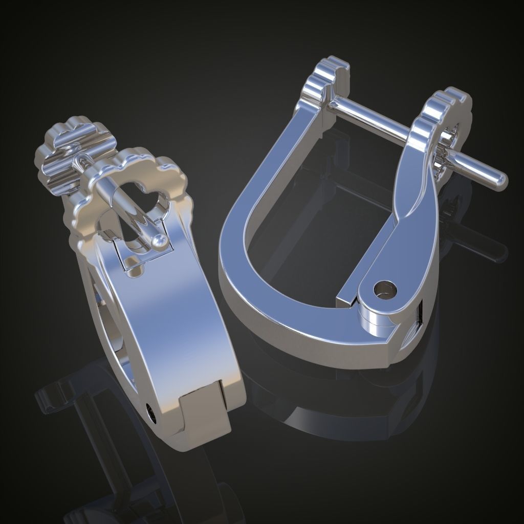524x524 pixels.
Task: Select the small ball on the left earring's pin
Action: (x=160, y=239)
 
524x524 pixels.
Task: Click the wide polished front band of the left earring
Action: (x=174, y=327)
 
